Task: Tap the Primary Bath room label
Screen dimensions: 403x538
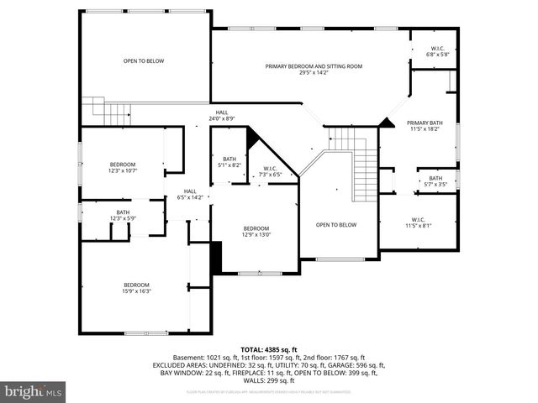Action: click(424, 126)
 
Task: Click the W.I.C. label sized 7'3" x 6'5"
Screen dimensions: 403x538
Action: click(271, 171)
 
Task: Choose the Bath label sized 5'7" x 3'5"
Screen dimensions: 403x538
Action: click(435, 181)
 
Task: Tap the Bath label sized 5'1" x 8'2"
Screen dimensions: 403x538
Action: click(229, 162)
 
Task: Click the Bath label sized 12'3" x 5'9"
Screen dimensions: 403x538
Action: click(124, 215)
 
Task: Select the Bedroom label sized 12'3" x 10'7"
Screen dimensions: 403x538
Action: click(123, 167)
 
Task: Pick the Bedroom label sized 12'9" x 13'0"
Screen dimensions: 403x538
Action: click(256, 232)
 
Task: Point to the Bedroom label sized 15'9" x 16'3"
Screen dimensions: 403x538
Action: click(136, 288)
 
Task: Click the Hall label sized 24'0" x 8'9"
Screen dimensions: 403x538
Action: click(221, 115)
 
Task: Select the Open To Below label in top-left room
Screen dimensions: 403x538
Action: click(144, 61)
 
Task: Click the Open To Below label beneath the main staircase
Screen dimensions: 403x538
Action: click(336, 225)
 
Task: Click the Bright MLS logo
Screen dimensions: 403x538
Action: click(34, 391)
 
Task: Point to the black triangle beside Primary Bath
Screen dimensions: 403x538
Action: click(386, 123)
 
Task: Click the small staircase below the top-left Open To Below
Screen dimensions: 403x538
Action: click(110, 109)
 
